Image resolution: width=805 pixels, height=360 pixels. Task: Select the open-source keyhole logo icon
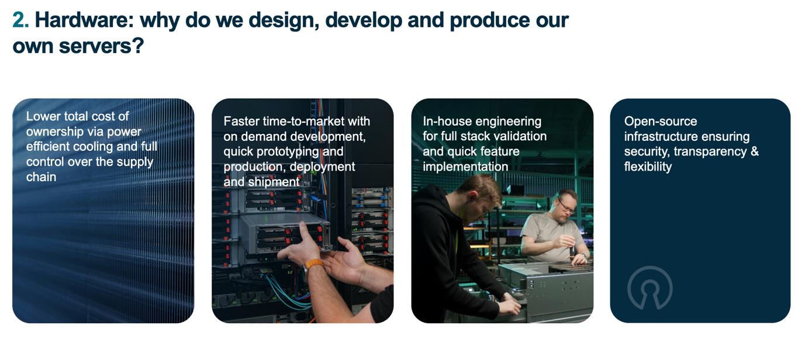[649, 288]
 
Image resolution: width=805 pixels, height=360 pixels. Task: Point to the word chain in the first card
[41, 176]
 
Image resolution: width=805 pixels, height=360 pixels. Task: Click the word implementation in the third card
[465, 167]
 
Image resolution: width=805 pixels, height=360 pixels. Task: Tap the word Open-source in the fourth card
[661, 122]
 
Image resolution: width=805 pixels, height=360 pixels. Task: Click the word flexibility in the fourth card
[648, 167]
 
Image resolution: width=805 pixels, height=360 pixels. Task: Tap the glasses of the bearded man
[565, 205]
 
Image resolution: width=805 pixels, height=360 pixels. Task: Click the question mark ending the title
[138, 46]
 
